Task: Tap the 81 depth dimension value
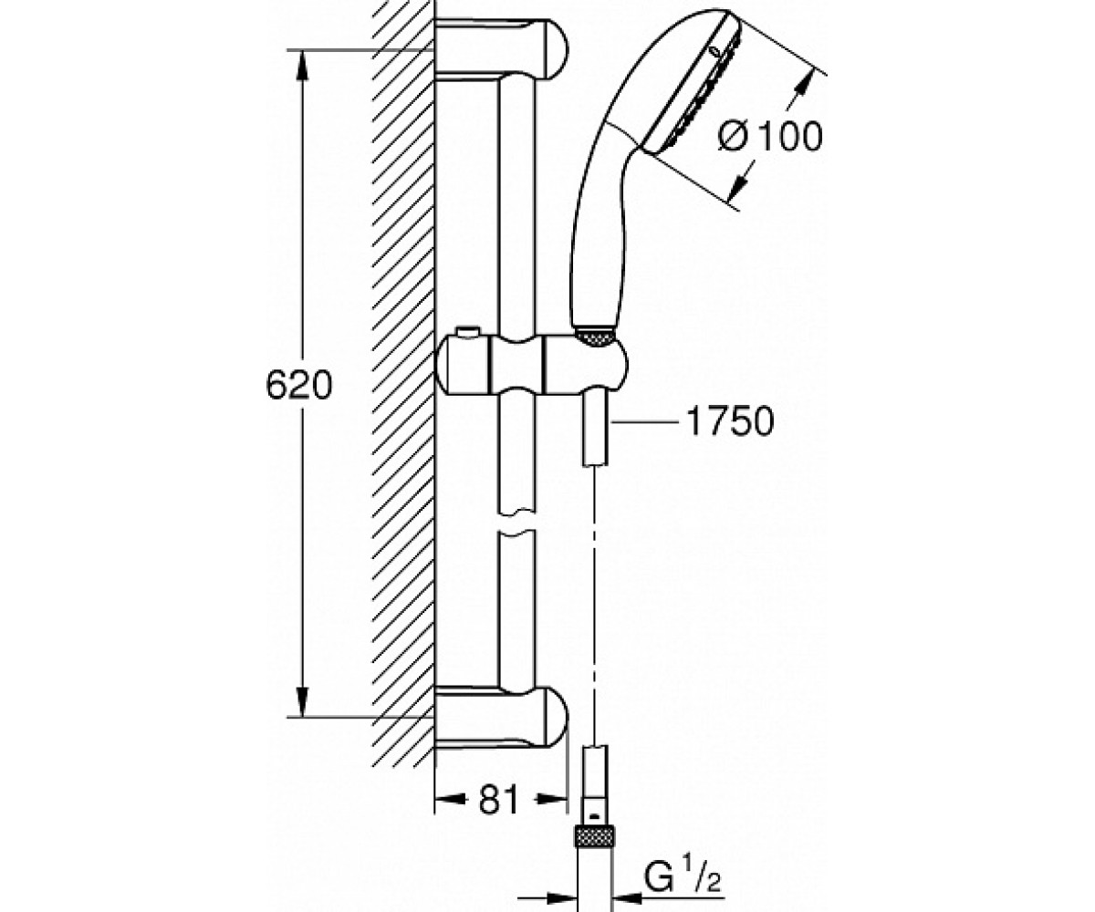click(497, 799)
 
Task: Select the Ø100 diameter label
click(770, 136)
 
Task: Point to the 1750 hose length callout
click(730, 421)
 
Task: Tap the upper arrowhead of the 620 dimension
click(301, 65)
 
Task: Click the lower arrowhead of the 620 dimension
click(301, 701)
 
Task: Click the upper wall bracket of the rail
click(502, 50)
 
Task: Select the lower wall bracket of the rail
click(502, 717)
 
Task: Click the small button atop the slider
click(468, 332)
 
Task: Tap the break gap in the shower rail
click(517, 524)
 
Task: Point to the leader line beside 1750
click(644, 420)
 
